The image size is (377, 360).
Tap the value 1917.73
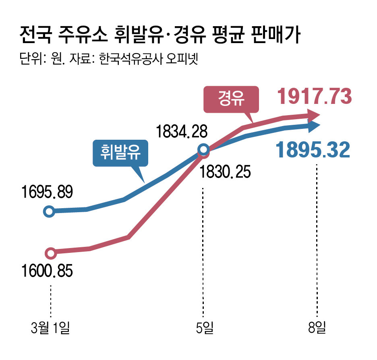coord(315,97)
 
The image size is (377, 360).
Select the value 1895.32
coord(313,150)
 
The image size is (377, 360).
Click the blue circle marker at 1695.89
coord(49,211)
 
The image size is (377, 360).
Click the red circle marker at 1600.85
coord(50,253)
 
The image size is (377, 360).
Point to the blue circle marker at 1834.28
coord(204,150)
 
